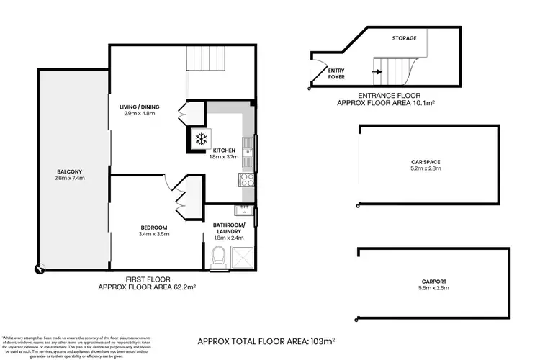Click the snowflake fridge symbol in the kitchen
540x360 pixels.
199,139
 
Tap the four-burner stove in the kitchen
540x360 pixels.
247,180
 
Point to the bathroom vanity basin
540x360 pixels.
242,210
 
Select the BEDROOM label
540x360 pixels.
153,228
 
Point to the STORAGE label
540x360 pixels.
404,38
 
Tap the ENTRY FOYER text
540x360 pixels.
336,73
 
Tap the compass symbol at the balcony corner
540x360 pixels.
37,270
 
